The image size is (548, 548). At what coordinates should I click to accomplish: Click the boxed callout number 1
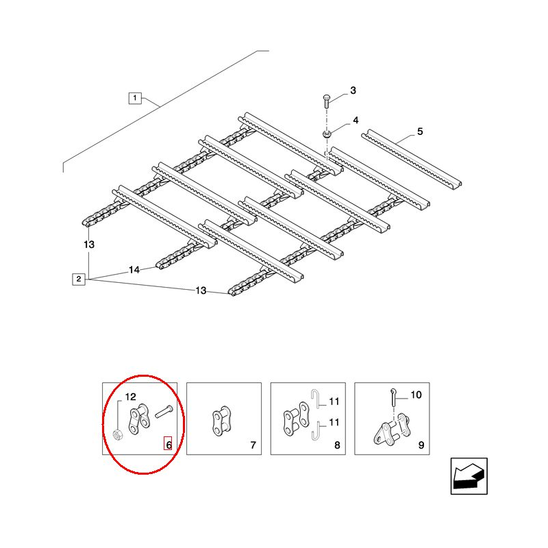click(135, 98)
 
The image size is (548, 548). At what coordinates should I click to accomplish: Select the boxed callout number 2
click(79, 279)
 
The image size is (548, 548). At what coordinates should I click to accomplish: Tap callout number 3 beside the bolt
click(353, 90)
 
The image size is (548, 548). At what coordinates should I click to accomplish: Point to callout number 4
click(356, 121)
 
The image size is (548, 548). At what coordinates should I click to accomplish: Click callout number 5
click(420, 132)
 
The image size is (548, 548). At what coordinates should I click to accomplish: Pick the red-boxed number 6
click(169, 445)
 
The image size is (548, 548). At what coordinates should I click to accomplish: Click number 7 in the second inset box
click(253, 445)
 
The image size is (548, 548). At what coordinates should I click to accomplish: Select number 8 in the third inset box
click(337, 445)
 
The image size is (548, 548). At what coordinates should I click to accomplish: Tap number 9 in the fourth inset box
click(421, 445)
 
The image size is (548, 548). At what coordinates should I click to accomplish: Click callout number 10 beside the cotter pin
click(416, 395)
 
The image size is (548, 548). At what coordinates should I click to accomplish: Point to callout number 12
click(130, 397)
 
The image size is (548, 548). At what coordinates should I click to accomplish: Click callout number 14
click(134, 270)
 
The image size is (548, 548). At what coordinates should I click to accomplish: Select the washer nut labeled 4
click(327, 134)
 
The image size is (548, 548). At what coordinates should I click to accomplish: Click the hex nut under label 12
click(117, 435)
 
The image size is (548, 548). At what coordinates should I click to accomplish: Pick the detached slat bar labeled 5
click(412, 160)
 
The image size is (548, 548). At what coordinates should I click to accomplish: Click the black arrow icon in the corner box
click(469, 475)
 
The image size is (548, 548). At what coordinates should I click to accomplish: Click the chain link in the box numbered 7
click(221, 421)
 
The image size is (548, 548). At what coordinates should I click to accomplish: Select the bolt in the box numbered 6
click(164, 412)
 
